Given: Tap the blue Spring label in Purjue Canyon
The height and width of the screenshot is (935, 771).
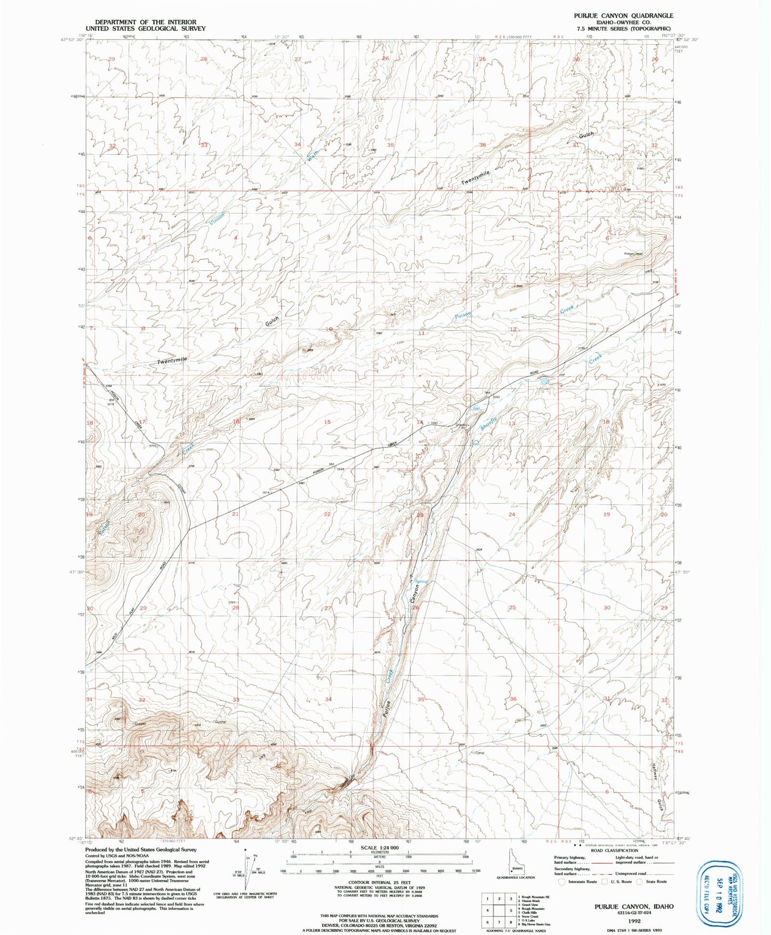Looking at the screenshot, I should (x=422, y=582).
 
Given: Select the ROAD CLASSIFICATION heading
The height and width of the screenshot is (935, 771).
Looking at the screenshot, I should (x=614, y=851).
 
